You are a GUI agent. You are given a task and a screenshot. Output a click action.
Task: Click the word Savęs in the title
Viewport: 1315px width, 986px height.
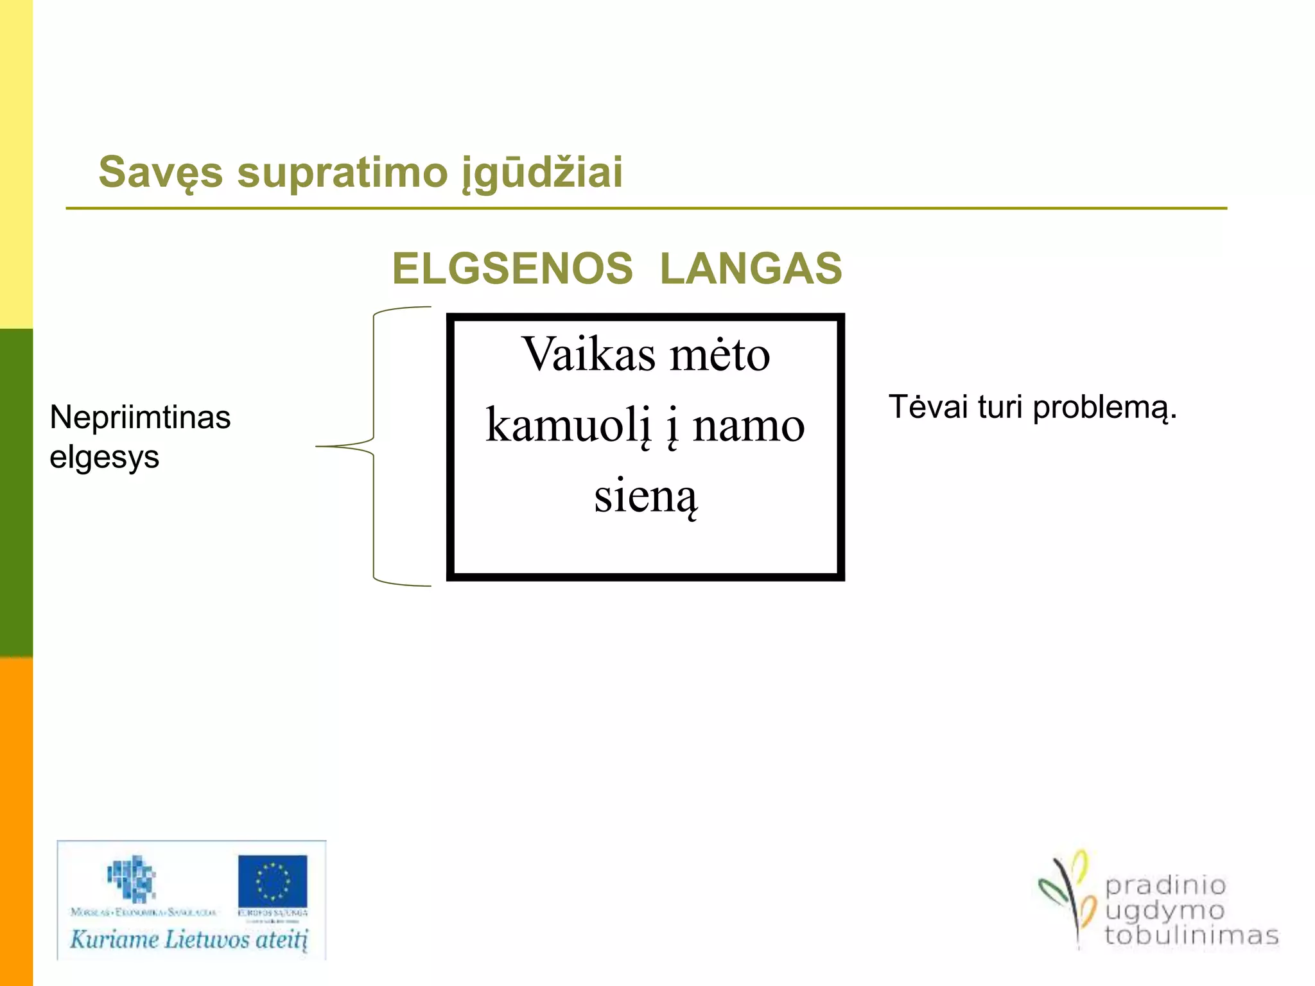coord(161,172)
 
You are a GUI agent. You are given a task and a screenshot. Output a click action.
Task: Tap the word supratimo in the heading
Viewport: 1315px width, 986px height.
coord(342,172)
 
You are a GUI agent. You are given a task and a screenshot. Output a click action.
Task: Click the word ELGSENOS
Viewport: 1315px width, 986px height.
coord(512,268)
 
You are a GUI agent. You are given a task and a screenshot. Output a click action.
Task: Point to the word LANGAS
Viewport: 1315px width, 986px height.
coord(751,268)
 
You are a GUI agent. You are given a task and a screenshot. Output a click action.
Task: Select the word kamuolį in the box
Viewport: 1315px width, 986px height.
coord(568,425)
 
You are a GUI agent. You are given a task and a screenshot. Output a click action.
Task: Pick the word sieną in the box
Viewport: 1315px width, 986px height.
coord(645,496)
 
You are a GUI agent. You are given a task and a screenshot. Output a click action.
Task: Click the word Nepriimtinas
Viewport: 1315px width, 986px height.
coord(140,418)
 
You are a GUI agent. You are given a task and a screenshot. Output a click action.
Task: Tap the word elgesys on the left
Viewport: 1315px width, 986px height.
coord(104,458)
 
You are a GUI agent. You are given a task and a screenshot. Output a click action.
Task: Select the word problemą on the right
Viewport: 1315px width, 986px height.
coord(1104,408)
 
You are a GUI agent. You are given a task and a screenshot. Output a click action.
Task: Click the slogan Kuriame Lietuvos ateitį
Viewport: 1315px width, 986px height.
coord(189,940)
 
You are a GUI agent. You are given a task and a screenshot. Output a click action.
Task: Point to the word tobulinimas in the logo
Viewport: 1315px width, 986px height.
coord(1191,935)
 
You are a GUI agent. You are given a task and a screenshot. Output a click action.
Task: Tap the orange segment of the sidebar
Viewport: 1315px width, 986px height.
coord(16,822)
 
